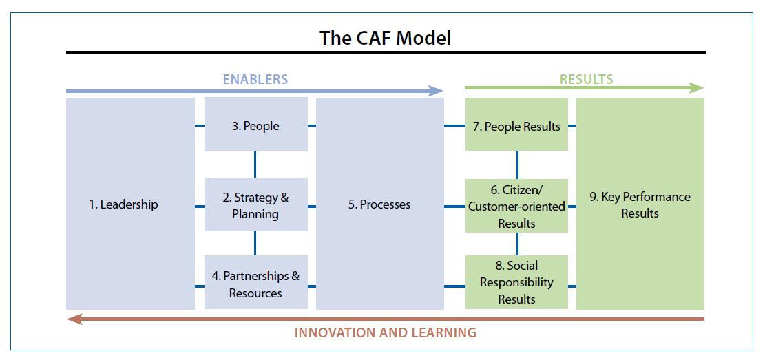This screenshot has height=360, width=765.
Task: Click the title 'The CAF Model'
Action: pos(385,38)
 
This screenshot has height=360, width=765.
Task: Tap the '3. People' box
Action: pos(255,125)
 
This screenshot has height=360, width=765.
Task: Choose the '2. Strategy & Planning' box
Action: pos(255,205)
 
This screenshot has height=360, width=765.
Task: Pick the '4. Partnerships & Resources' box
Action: pos(255,284)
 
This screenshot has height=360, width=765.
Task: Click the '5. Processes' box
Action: pos(379,204)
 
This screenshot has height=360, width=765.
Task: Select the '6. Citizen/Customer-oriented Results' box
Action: pos(516,207)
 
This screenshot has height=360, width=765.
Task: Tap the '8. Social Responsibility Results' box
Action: pos(516,282)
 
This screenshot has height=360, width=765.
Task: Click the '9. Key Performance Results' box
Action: pos(640,204)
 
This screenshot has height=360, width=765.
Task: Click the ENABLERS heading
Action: pos(255,79)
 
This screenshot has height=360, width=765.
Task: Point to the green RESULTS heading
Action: pos(586,79)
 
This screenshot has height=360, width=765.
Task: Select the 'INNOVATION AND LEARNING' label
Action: pos(385,333)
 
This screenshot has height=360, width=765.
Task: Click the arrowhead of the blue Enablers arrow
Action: pos(436,91)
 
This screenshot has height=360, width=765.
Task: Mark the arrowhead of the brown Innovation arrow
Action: pos(74,319)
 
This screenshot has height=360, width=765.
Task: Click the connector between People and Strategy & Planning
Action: pos(255,164)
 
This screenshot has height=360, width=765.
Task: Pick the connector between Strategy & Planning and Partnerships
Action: pos(255,243)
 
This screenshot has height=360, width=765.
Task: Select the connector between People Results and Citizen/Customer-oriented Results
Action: pos(517,165)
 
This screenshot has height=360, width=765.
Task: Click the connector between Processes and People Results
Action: pos(454,126)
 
